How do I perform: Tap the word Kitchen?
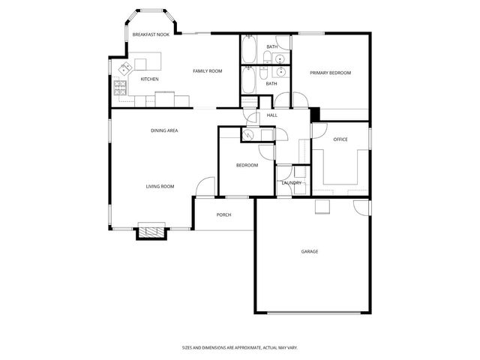tap(150, 79)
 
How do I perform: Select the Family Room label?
tap(208, 70)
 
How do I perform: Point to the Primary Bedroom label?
tap(331, 73)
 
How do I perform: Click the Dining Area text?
tap(164, 130)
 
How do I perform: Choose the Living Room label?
tap(160, 186)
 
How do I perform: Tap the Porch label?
tap(223, 214)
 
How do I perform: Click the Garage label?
tap(310, 251)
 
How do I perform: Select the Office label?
tap(340, 139)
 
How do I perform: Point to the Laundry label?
tap(291, 183)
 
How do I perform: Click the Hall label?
tap(272, 115)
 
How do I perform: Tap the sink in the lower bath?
tap(278, 73)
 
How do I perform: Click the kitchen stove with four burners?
tap(120, 88)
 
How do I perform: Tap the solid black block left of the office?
tap(315, 114)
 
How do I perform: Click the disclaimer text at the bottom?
tap(240, 347)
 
